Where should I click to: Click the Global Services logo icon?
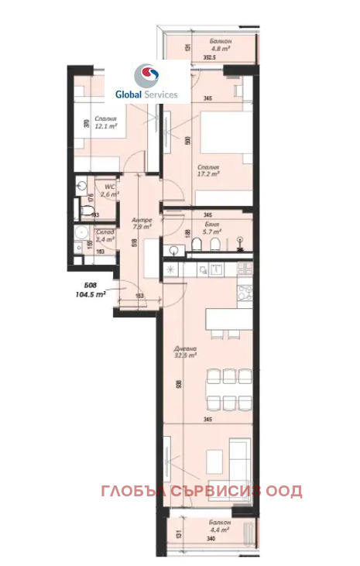146,77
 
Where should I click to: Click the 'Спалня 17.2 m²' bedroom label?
208,170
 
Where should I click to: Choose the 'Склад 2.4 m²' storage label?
105,235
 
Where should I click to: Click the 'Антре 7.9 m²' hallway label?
141,223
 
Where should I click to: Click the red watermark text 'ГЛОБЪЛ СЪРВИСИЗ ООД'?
201,492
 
